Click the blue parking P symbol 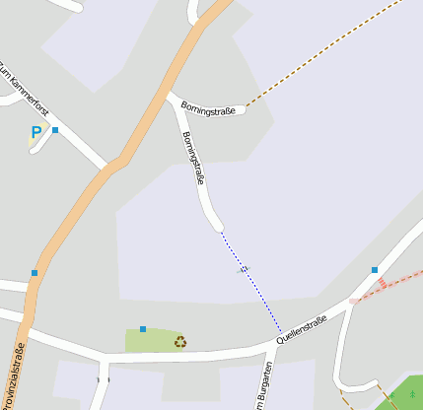tap(36, 132)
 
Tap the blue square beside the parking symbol tap(55, 130)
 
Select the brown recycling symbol tap(180, 342)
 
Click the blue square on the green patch tap(143, 329)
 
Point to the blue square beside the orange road tap(35, 273)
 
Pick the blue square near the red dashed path tap(375, 270)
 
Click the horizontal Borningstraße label tap(208, 109)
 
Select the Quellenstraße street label tap(301, 330)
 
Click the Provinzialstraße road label tap(18, 375)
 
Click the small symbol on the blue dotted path tap(244, 269)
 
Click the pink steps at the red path tap(381, 284)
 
